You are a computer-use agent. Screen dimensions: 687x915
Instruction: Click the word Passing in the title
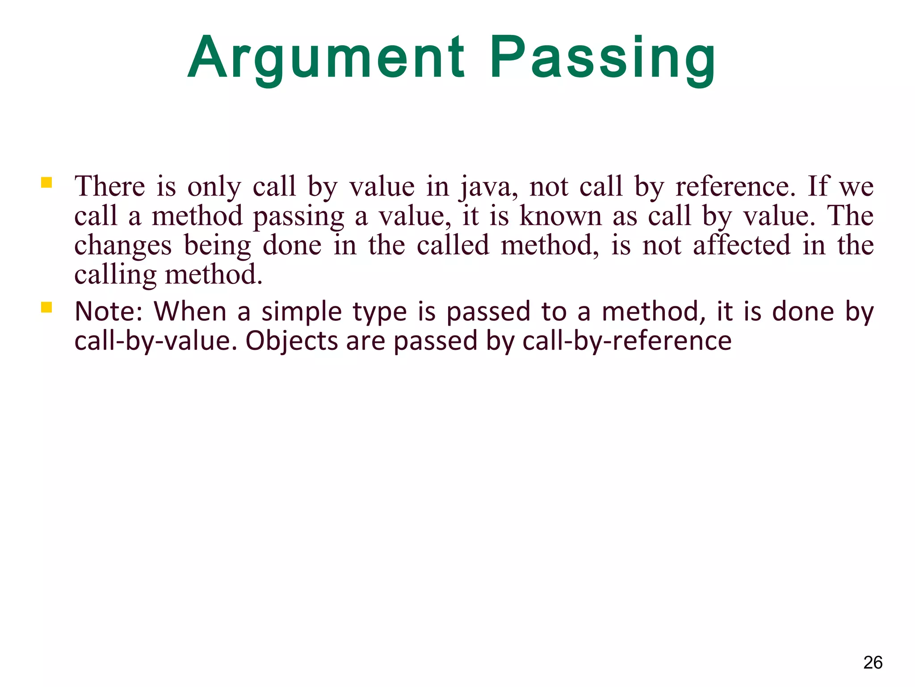pyautogui.click(x=603, y=58)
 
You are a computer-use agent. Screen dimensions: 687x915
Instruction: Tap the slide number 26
pyautogui.click(x=873, y=662)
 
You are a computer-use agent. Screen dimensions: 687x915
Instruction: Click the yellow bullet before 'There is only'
pyautogui.click(x=46, y=183)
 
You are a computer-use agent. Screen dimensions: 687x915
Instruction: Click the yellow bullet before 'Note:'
pyautogui.click(x=46, y=307)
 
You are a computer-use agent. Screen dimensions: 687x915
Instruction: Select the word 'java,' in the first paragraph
pyautogui.click(x=489, y=187)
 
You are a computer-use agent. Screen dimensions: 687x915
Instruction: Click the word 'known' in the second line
pyautogui.click(x=561, y=216)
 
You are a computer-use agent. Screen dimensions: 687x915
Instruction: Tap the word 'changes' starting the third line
pyautogui.click(x=123, y=246)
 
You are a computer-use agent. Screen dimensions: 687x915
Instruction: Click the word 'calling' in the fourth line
pyautogui.click(x=115, y=275)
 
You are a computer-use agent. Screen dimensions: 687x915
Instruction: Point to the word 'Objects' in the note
pyautogui.click(x=292, y=341)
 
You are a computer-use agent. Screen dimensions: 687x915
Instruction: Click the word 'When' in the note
pyautogui.click(x=190, y=311)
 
